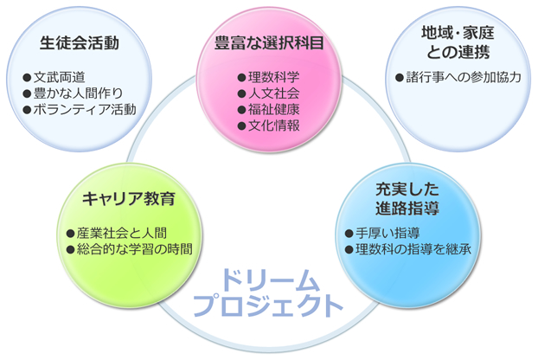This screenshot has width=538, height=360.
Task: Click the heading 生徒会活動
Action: point(80,43)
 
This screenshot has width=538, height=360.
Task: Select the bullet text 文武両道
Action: point(60,77)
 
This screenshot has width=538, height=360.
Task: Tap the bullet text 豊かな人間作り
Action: point(78,93)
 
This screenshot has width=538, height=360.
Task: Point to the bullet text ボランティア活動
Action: point(85,110)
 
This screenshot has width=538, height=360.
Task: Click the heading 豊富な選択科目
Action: point(269,43)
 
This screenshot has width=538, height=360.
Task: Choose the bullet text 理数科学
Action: point(274,77)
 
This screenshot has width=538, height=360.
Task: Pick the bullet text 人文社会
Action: point(274,93)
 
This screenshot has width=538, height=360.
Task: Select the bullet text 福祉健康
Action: point(274,110)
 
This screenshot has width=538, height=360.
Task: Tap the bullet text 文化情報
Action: point(274,125)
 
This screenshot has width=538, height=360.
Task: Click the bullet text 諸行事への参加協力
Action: point(464,77)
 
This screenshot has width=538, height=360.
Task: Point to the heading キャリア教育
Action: point(129,199)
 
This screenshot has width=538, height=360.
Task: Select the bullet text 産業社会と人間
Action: point(122,234)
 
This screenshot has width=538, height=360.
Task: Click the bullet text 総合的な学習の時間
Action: point(135,249)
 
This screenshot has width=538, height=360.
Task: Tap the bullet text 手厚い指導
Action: point(387,234)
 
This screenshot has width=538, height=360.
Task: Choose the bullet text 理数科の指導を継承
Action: point(413,249)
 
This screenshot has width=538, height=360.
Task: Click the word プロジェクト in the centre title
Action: point(268,305)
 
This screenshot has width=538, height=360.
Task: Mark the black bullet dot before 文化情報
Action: point(242,126)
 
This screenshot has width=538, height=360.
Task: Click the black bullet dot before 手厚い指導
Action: point(349,234)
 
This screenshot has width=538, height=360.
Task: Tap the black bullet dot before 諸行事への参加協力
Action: point(400,78)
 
